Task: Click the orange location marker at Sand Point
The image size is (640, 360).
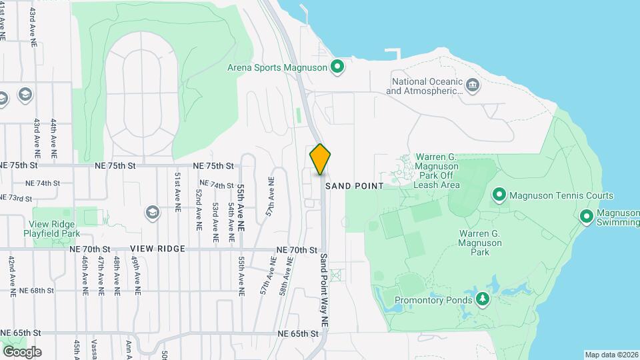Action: point(320,159)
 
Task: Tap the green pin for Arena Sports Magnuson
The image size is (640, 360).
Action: point(337,66)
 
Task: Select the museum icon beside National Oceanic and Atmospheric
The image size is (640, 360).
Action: point(473,85)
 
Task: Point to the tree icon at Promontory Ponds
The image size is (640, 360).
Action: point(483,299)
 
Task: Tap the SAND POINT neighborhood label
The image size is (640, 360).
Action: point(355,186)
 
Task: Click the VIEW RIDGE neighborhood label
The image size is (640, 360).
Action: point(157,248)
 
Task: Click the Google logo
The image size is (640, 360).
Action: point(22,352)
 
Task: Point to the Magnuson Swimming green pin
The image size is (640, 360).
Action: point(587,216)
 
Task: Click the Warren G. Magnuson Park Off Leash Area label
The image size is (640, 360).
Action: point(437,170)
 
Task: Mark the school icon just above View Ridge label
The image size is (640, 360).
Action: point(152,212)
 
